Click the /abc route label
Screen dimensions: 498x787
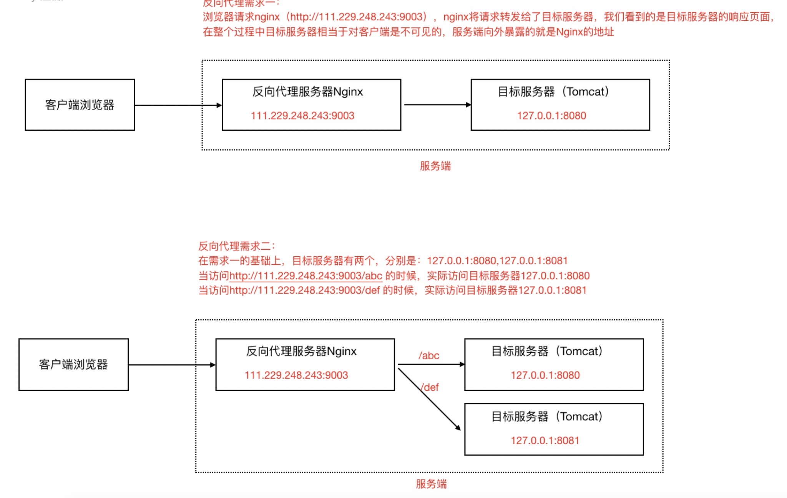click(x=429, y=355)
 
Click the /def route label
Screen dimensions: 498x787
click(x=430, y=387)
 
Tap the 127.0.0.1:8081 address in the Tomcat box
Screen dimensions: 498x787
click(x=545, y=440)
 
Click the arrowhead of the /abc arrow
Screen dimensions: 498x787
click(x=462, y=364)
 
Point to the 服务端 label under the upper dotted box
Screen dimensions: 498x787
click(x=435, y=166)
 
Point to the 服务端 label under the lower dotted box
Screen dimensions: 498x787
click(x=431, y=484)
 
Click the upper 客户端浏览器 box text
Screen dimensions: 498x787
click(x=80, y=105)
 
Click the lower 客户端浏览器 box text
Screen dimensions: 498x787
click(x=73, y=364)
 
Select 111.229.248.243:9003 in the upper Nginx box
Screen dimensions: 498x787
click(x=302, y=116)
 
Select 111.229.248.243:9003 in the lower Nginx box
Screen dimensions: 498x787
click(x=296, y=375)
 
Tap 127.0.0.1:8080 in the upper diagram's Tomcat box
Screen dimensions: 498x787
click(x=551, y=116)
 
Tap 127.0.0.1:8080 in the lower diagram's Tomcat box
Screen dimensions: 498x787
click(x=545, y=375)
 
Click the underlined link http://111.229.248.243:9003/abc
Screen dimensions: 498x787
click(x=306, y=276)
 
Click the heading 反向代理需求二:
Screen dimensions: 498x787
click(x=236, y=246)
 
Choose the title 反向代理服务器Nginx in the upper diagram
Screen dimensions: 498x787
click(x=307, y=92)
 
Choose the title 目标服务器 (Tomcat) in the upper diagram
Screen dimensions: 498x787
click(x=553, y=92)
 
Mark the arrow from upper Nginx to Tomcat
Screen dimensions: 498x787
click(x=436, y=105)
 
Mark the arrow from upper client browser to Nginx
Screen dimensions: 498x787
click(x=177, y=105)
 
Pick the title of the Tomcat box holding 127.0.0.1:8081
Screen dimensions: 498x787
click(x=547, y=417)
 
